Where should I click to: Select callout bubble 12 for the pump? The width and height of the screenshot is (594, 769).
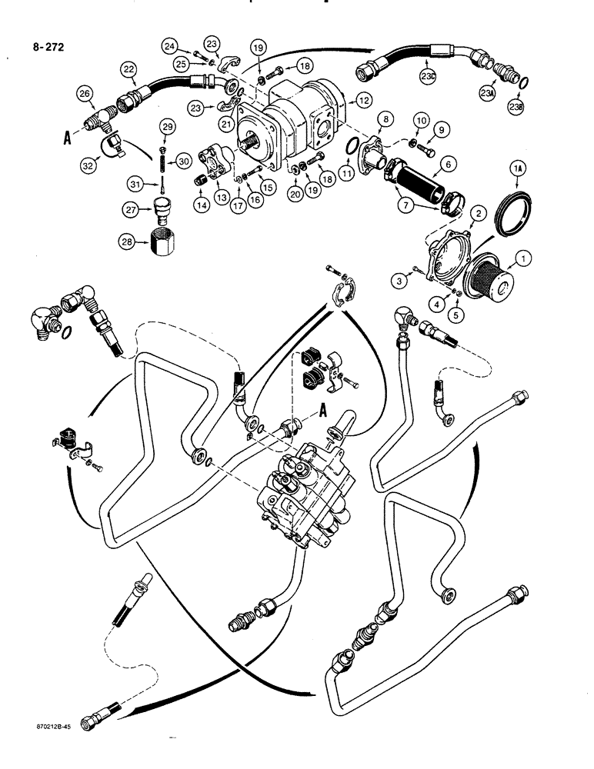pyautogui.click(x=362, y=99)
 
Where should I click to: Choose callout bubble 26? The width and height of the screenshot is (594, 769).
pyautogui.click(x=85, y=95)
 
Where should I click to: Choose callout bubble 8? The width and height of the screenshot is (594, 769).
pyautogui.click(x=386, y=119)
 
